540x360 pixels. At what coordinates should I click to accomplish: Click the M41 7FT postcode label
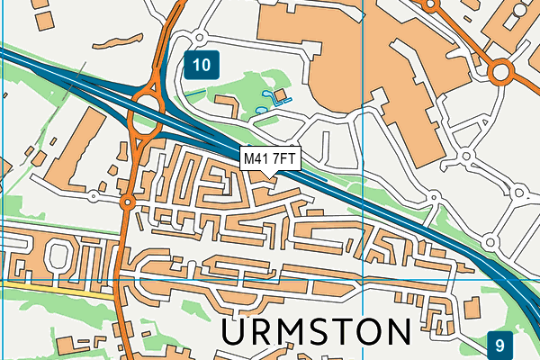pos(270,158)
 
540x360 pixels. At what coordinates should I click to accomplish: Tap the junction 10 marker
pos(202,64)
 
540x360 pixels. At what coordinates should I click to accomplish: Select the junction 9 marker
pos(500,343)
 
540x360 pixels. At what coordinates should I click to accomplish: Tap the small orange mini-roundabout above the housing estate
pos(128,203)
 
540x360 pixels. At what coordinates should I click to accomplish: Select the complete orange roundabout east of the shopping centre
pos(500,70)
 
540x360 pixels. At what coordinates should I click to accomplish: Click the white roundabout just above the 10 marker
pos(198,37)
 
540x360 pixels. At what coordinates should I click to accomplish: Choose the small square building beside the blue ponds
pos(279,94)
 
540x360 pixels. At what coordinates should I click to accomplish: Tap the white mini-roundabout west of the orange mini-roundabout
pos(94,195)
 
